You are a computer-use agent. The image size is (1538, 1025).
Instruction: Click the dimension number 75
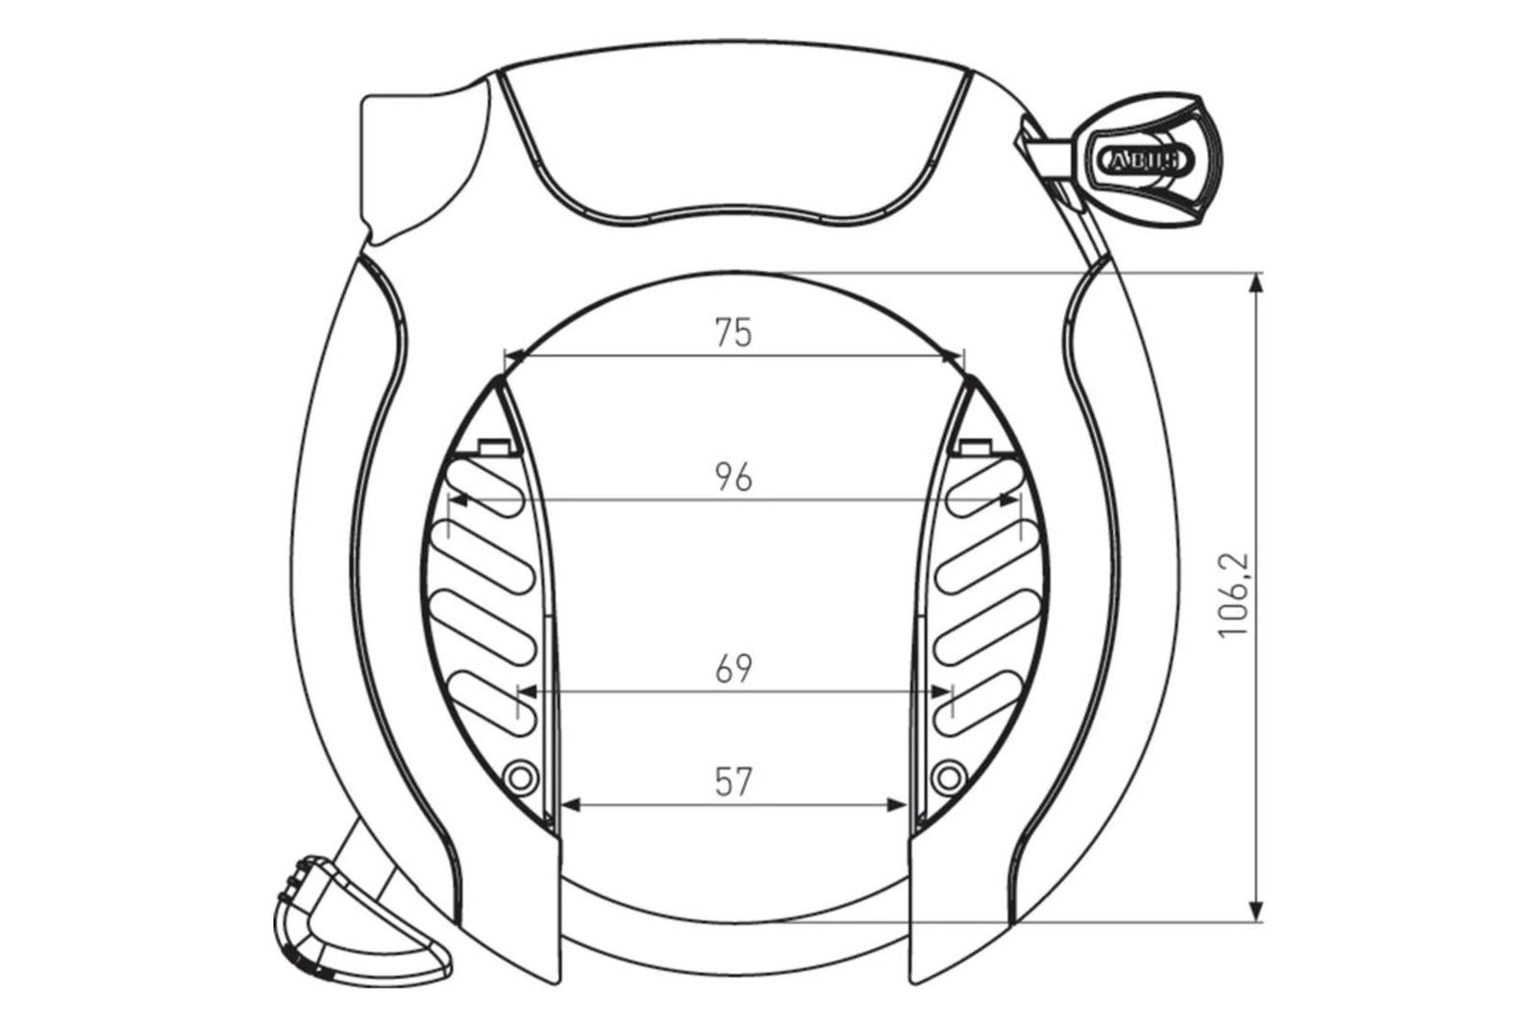[733, 332]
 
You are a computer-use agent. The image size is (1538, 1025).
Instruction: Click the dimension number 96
[733, 476]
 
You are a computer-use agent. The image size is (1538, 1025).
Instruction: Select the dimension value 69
[733, 669]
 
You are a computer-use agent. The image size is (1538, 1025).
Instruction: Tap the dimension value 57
[733, 782]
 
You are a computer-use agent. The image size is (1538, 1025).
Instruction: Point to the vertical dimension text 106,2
[1232, 595]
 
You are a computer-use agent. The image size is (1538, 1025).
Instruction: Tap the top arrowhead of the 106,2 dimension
[1254, 284]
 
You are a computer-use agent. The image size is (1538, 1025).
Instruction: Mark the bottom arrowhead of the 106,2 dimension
[1254, 912]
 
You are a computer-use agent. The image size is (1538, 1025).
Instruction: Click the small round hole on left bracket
[520, 774]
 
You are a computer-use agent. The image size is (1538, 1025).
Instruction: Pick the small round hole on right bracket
[948, 774]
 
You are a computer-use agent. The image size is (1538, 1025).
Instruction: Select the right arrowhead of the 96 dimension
[1009, 499]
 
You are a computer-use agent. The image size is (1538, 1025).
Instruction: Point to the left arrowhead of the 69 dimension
[529, 691]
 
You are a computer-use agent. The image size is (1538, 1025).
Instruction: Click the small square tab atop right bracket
[974, 446]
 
